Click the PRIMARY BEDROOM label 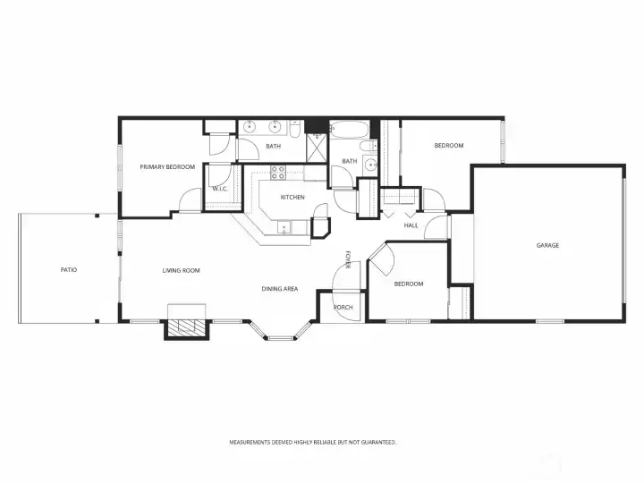point(167,166)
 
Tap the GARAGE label point(547,245)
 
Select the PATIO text point(69,270)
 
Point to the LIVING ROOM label point(181,270)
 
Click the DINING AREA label point(280,289)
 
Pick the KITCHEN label point(292,197)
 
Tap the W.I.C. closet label point(220,189)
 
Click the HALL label point(411,225)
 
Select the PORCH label point(343,307)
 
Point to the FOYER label point(348,259)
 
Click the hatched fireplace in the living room point(187,326)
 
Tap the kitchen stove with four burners point(278,172)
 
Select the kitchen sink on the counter point(284,227)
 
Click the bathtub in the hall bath point(350,130)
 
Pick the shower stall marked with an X point(317,148)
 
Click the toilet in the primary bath point(294,129)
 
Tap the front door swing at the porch point(346,275)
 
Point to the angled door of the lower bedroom point(382,259)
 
